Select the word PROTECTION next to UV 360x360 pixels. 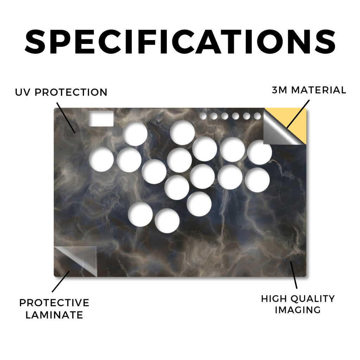(71, 92)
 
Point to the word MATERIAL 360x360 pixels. (319, 90)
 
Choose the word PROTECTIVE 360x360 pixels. (54, 303)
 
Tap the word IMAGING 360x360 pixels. (298, 310)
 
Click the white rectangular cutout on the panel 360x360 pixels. (101, 118)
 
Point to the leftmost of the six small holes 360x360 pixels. (203, 116)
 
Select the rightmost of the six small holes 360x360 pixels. (257, 116)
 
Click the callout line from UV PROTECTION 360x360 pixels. (66, 118)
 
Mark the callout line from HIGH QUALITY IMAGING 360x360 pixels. (294, 275)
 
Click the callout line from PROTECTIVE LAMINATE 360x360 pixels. (61, 282)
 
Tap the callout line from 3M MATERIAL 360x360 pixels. (298, 114)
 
